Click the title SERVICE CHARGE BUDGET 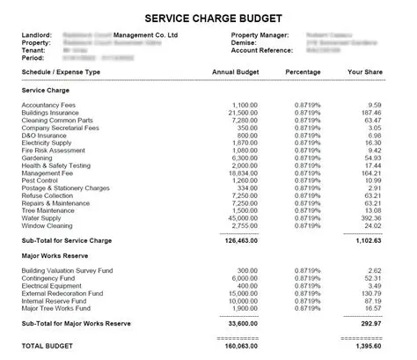208,17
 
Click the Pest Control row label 41,181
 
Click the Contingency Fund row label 50,278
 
